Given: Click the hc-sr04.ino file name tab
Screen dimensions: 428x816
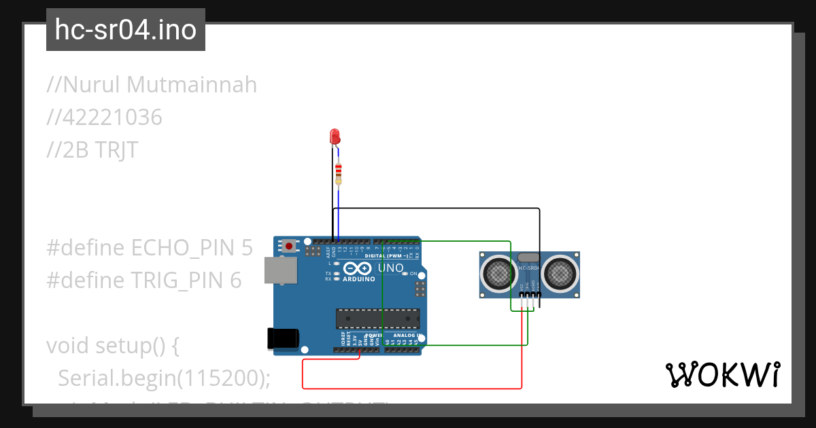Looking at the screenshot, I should [x=126, y=30].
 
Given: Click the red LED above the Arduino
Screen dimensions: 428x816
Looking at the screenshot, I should [x=334, y=136].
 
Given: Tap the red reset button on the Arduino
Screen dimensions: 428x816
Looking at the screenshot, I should [x=290, y=245].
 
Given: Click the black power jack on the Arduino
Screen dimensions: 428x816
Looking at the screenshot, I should [x=283, y=338].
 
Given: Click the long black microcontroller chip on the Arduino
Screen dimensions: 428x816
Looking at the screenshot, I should [x=377, y=319].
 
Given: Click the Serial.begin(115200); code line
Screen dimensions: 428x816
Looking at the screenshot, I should [x=164, y=378].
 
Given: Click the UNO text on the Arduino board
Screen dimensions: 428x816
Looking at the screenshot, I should [x=390, y=268].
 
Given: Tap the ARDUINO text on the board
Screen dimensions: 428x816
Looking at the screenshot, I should [x=358, y=279].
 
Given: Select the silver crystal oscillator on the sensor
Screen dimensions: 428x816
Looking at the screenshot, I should [x=528, y=257].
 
